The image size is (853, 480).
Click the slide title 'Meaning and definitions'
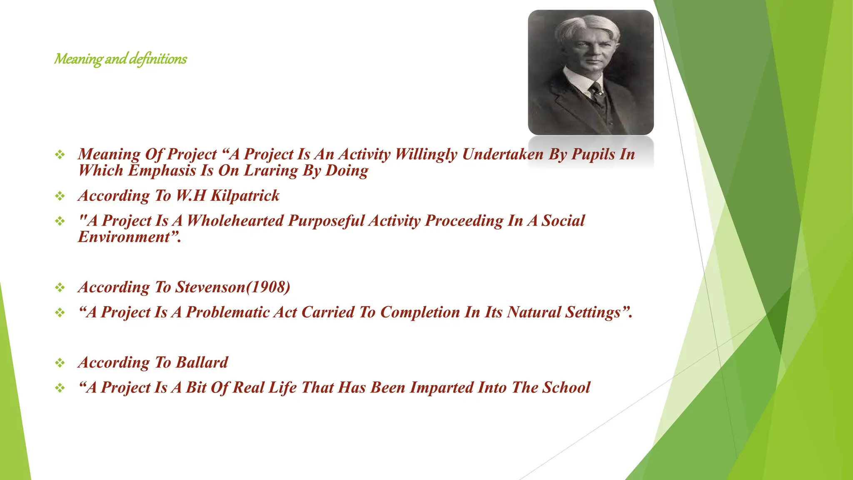tap(120, 59)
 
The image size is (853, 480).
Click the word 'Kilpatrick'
tap(245, 196)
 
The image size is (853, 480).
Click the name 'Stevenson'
tap(210, 287)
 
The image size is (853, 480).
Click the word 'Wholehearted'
tap(235, 221)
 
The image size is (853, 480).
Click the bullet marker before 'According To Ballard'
tap(60, 363)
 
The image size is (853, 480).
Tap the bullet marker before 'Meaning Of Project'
tap(60, 155)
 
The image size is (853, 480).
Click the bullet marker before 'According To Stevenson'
tap(60, 287)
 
